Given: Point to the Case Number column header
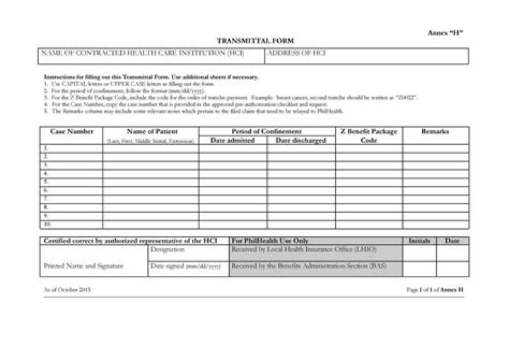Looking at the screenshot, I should coord(71,132).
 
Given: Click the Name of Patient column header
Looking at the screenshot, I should coord(151,132).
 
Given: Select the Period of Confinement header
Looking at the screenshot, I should coord(267,132).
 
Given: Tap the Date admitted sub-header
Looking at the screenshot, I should coord(233,141).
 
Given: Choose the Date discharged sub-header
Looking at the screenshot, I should coord(300,141).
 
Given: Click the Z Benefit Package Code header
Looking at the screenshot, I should coord(368,136).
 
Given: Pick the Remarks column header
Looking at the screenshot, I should coord(435,132).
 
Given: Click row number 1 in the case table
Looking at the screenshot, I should coord(46,149).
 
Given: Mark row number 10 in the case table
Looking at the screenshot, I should coord(47,224).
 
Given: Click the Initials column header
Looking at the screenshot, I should coord(419,241).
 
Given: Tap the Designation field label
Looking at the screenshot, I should coord(168,250).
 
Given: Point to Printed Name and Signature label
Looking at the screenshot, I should coord(83,266).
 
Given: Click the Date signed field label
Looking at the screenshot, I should coord(185,267).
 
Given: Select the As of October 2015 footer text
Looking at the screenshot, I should coord(67,290).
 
